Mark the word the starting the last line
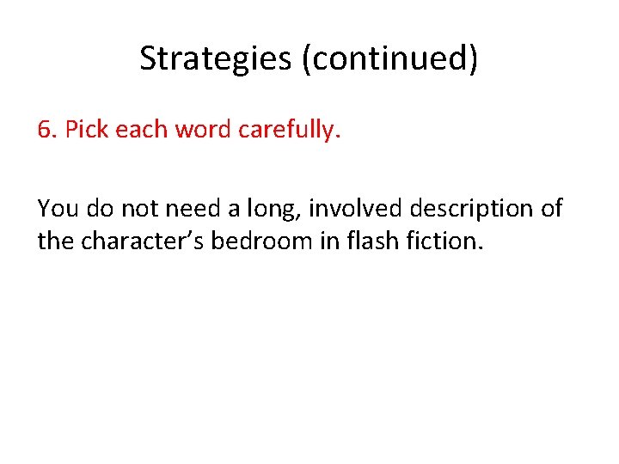(56, 241)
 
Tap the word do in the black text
(97, 208)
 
